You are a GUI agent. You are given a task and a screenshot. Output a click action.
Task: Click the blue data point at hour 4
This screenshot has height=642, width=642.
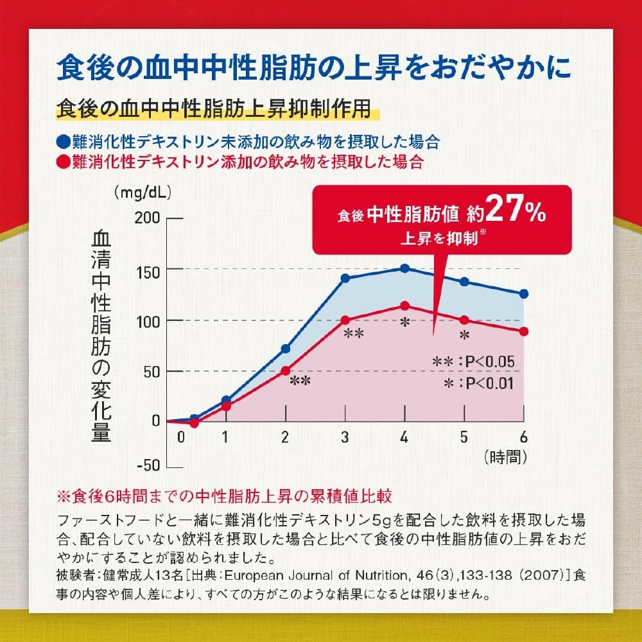(404, 268)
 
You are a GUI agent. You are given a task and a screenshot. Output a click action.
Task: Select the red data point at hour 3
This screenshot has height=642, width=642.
(345, 320)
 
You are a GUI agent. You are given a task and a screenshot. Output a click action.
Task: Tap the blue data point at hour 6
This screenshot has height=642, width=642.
(524, 294)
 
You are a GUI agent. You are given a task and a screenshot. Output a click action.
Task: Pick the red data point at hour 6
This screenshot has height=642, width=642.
(524, 331)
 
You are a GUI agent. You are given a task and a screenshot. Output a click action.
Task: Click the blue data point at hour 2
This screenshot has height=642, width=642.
(286, 349)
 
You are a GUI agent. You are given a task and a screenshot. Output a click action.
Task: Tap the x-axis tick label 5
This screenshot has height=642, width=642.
(464, 437)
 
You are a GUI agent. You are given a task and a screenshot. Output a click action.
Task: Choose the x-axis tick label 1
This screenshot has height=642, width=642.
(225, 437)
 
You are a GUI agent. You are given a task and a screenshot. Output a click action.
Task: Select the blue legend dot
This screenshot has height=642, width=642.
(62, 141)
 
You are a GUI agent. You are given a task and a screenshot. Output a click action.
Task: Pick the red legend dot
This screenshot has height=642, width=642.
(62, 160)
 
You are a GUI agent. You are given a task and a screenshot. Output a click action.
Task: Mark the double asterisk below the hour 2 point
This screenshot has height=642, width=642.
(300, 381)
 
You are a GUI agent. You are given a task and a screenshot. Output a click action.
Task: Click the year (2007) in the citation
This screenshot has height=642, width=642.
(544, 573)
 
